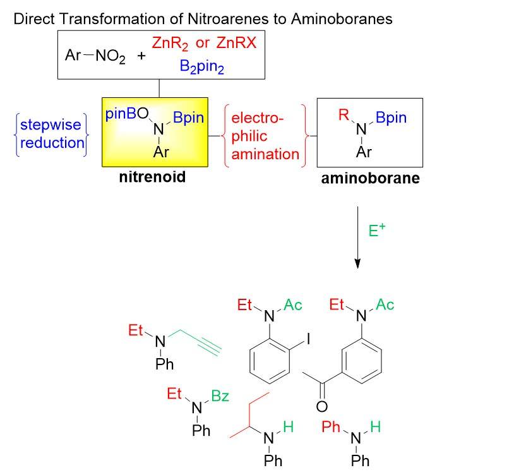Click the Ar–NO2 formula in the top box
tap(95, 56)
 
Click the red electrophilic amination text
tap(265, 136)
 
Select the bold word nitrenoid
tap(152, 177)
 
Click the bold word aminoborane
tap(370, 178)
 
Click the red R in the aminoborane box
tap(344, 115)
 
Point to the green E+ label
tap(377, 231)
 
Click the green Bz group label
tap(219, 396)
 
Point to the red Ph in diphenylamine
tap(331, 427)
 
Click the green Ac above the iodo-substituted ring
tap(292, 305)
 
